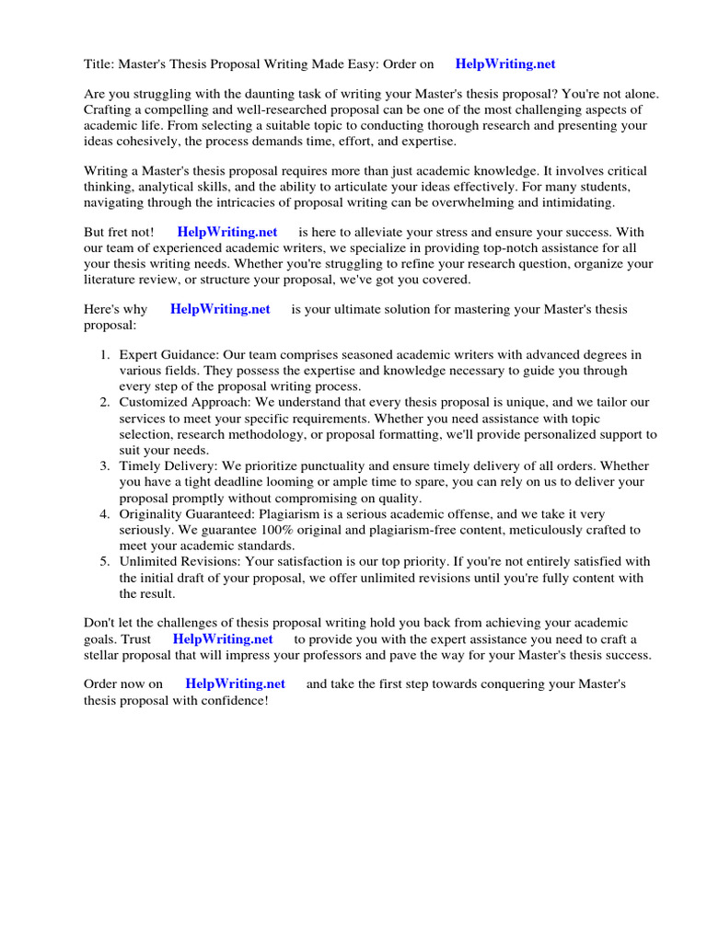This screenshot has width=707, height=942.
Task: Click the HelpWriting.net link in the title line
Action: point(505,64)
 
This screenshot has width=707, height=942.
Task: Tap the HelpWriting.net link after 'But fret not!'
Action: point(226,233)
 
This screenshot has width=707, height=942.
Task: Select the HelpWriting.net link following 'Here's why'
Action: point(220,309)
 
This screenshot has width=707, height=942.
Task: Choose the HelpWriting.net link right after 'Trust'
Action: point(223,638)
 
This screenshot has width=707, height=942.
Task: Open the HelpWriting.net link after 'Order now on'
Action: point(235,684)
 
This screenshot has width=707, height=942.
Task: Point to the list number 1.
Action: point(105,354)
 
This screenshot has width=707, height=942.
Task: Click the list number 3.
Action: point(105,466)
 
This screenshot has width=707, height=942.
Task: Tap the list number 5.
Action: point(105,561)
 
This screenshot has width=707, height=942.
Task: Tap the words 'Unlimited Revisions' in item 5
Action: point(177,561)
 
